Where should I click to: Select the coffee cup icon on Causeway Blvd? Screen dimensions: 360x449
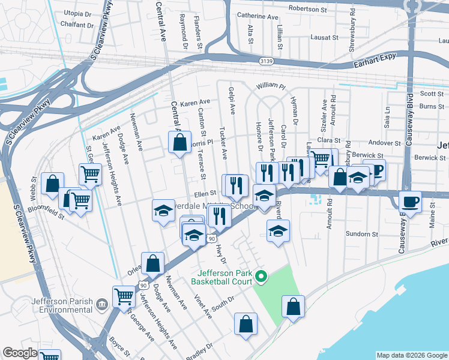tap(410, 202)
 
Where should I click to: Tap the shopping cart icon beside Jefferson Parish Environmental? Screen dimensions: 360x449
tap(124, 295)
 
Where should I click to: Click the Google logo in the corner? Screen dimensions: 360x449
tap(20, 353)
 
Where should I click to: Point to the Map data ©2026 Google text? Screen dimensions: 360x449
tap(412, 355)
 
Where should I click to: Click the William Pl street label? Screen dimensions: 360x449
tap(270, 87)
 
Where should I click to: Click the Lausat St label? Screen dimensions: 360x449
tap(325, 37)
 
